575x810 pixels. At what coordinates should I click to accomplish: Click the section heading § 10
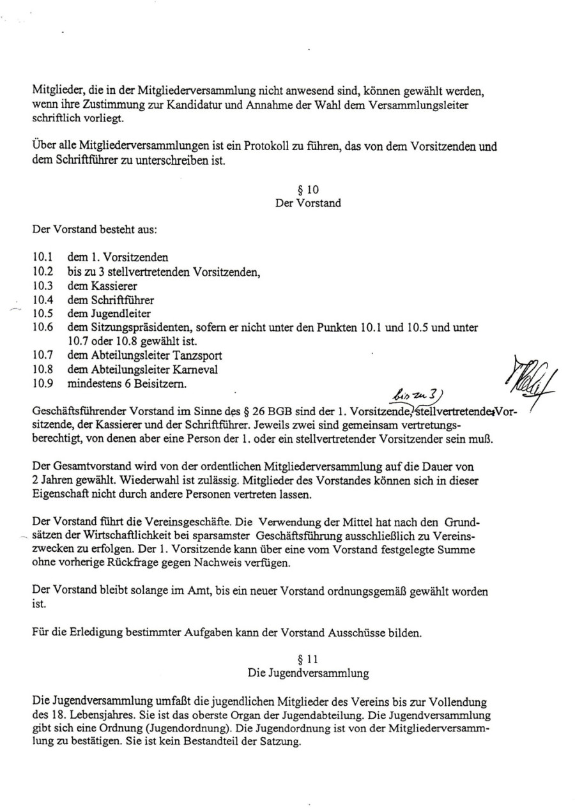pyautogui.click(x=308, y=189)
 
